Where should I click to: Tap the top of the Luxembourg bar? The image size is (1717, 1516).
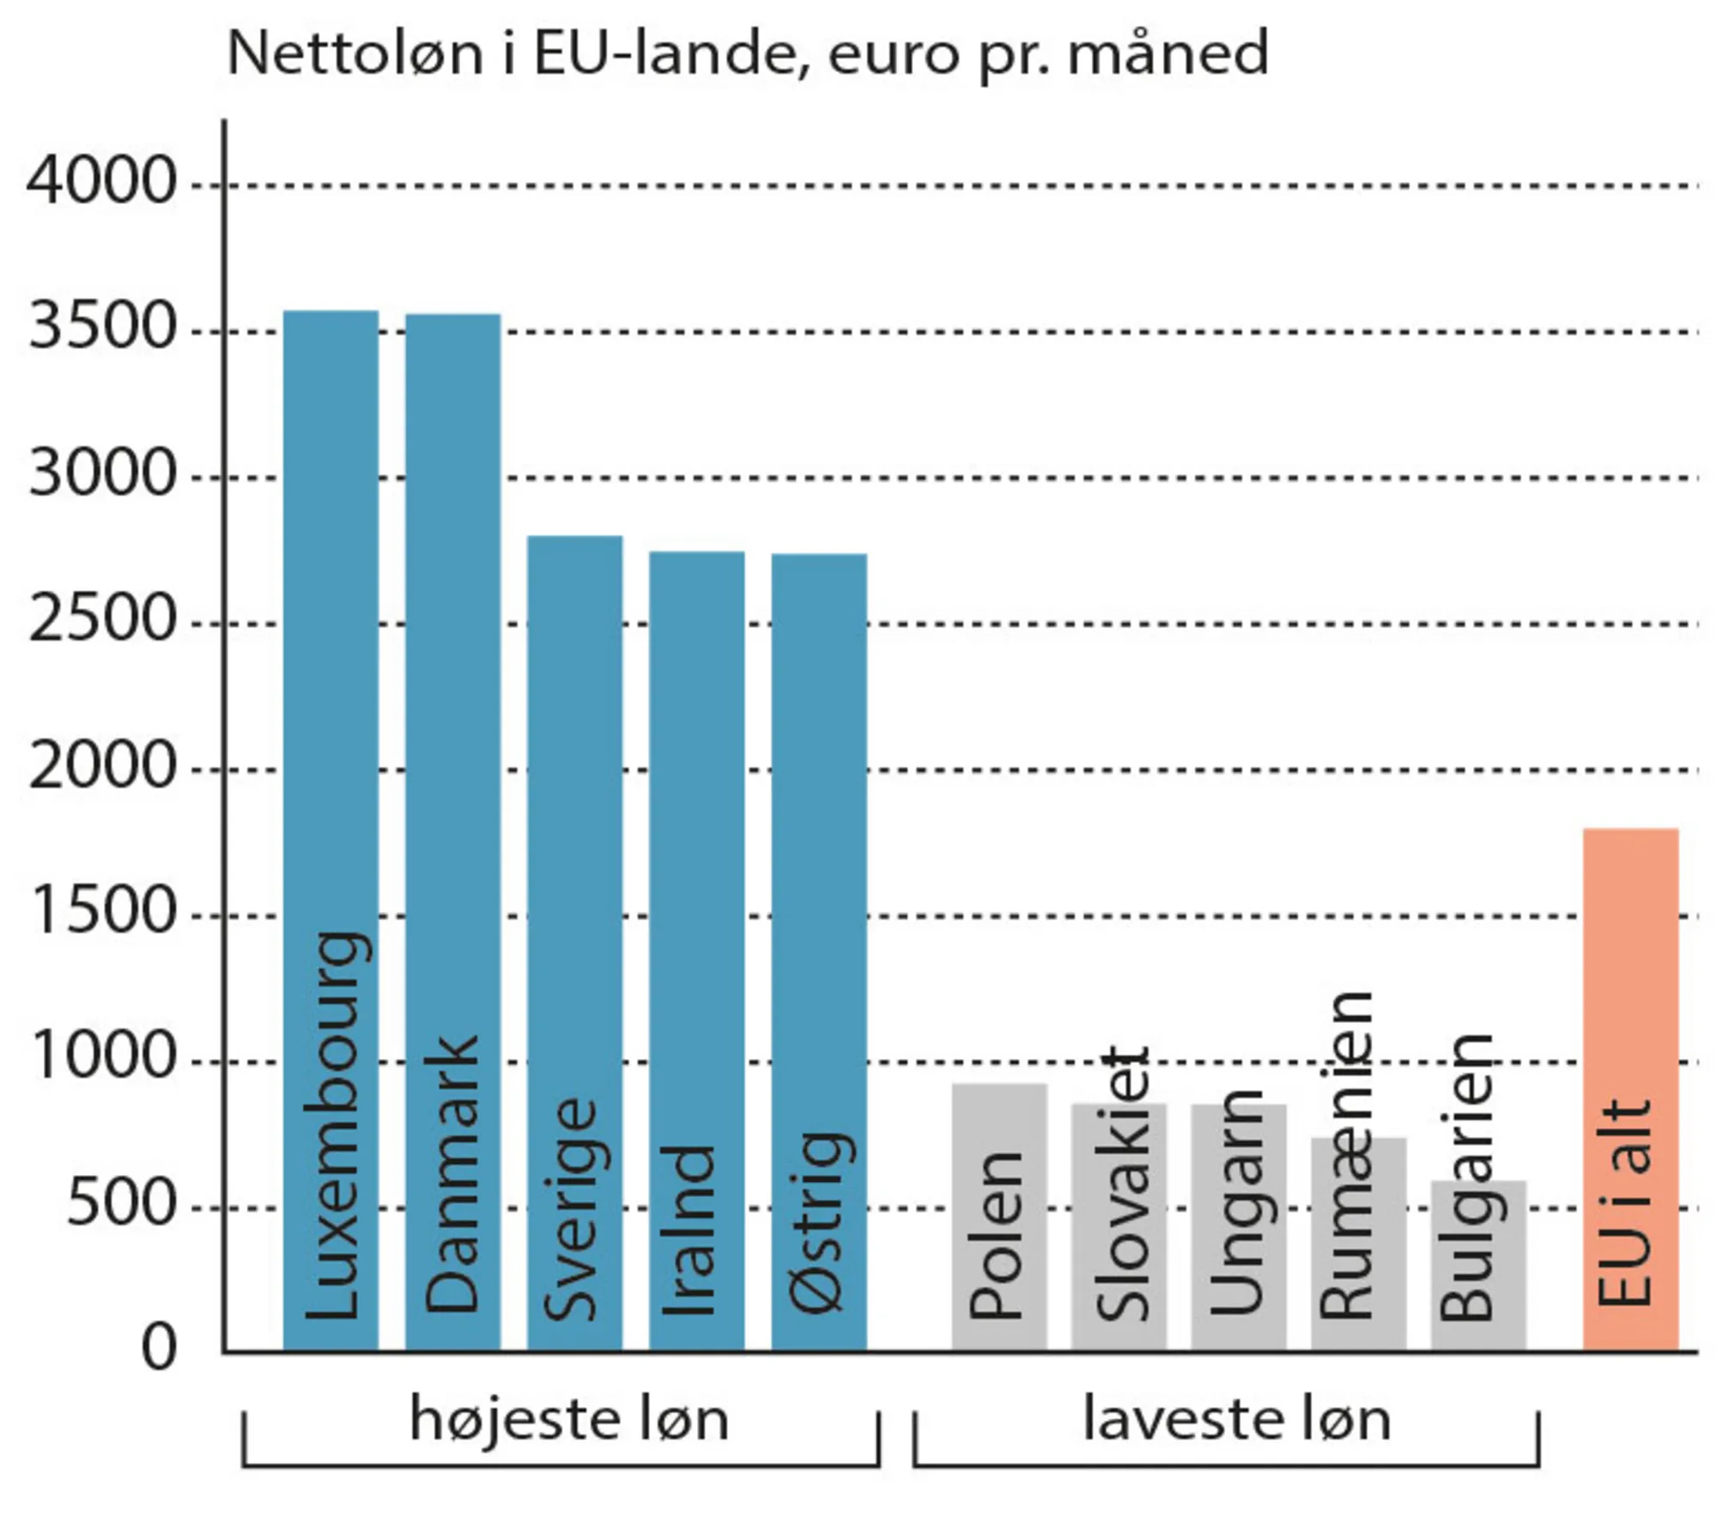(331, 313)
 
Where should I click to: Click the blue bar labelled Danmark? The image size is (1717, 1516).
(452, 687)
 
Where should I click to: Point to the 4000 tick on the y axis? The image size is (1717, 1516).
(101, 183)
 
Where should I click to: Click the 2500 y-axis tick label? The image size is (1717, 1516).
(101, 621)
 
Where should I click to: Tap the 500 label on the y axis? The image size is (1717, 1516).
(120, 1205)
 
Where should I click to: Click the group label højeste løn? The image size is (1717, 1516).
(568, 1420)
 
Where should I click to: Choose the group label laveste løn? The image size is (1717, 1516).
(1236, 1420)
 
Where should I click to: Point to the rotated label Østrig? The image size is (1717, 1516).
(820, 1224)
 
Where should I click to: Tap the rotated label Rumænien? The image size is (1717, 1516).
(1346, 1155)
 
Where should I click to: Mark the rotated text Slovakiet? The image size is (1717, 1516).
(1121, 1185)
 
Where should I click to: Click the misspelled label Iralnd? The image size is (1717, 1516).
(689, 1233)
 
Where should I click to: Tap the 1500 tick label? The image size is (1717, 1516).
(101, 912)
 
